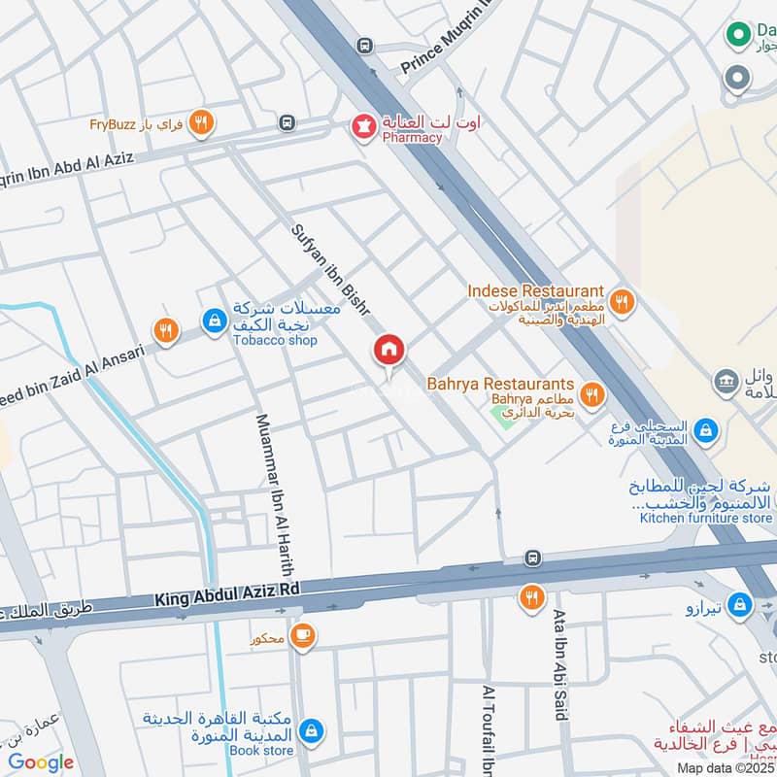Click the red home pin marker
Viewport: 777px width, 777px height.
coord(389,351)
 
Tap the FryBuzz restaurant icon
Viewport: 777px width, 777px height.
coord(201,122)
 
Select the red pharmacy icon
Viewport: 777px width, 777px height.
coord(364,127)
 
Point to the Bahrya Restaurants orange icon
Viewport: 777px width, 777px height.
coord(591,395)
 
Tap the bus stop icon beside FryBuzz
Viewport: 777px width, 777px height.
coord(287,122)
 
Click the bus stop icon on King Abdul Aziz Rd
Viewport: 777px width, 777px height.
coord(532,558)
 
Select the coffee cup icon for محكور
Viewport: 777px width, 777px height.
coord(303,635)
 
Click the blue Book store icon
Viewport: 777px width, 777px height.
coord(310,729)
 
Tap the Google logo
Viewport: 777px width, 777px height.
coord(41,762)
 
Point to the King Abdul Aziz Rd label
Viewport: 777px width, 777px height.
coord(227,592)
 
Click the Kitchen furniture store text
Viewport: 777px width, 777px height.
coord(705,518)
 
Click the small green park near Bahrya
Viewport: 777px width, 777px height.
coord(504,419)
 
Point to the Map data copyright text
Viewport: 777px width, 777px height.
coord(726,767)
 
